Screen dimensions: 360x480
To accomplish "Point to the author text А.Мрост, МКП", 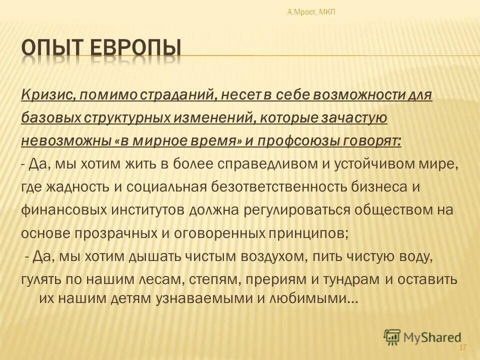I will tap(311, 12).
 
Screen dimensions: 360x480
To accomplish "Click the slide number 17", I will tap(462, 347).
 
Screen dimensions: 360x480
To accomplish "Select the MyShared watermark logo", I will tap(422, 336).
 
